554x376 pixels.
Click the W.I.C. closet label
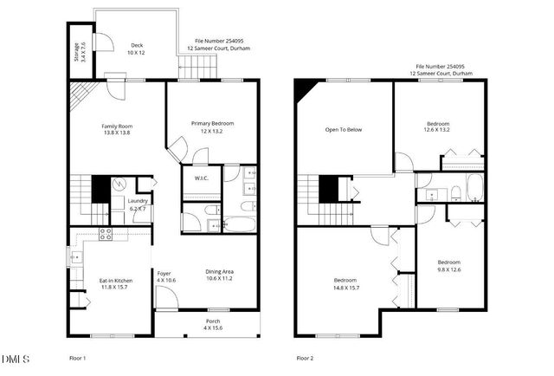click(x=201, y=178)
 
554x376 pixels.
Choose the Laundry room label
click(x=138, y=204)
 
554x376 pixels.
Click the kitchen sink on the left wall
click(x=73, y=257)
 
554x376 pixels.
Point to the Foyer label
click(x=164, y=277)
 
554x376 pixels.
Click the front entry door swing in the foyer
click(x=165, y=298)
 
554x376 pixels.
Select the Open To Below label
click(x=343, y=130)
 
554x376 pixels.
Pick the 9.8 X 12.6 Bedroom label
click(x=448, y=266)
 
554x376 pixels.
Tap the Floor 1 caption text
click(x=77, y=358)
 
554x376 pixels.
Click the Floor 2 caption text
click(x=305, y=358)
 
